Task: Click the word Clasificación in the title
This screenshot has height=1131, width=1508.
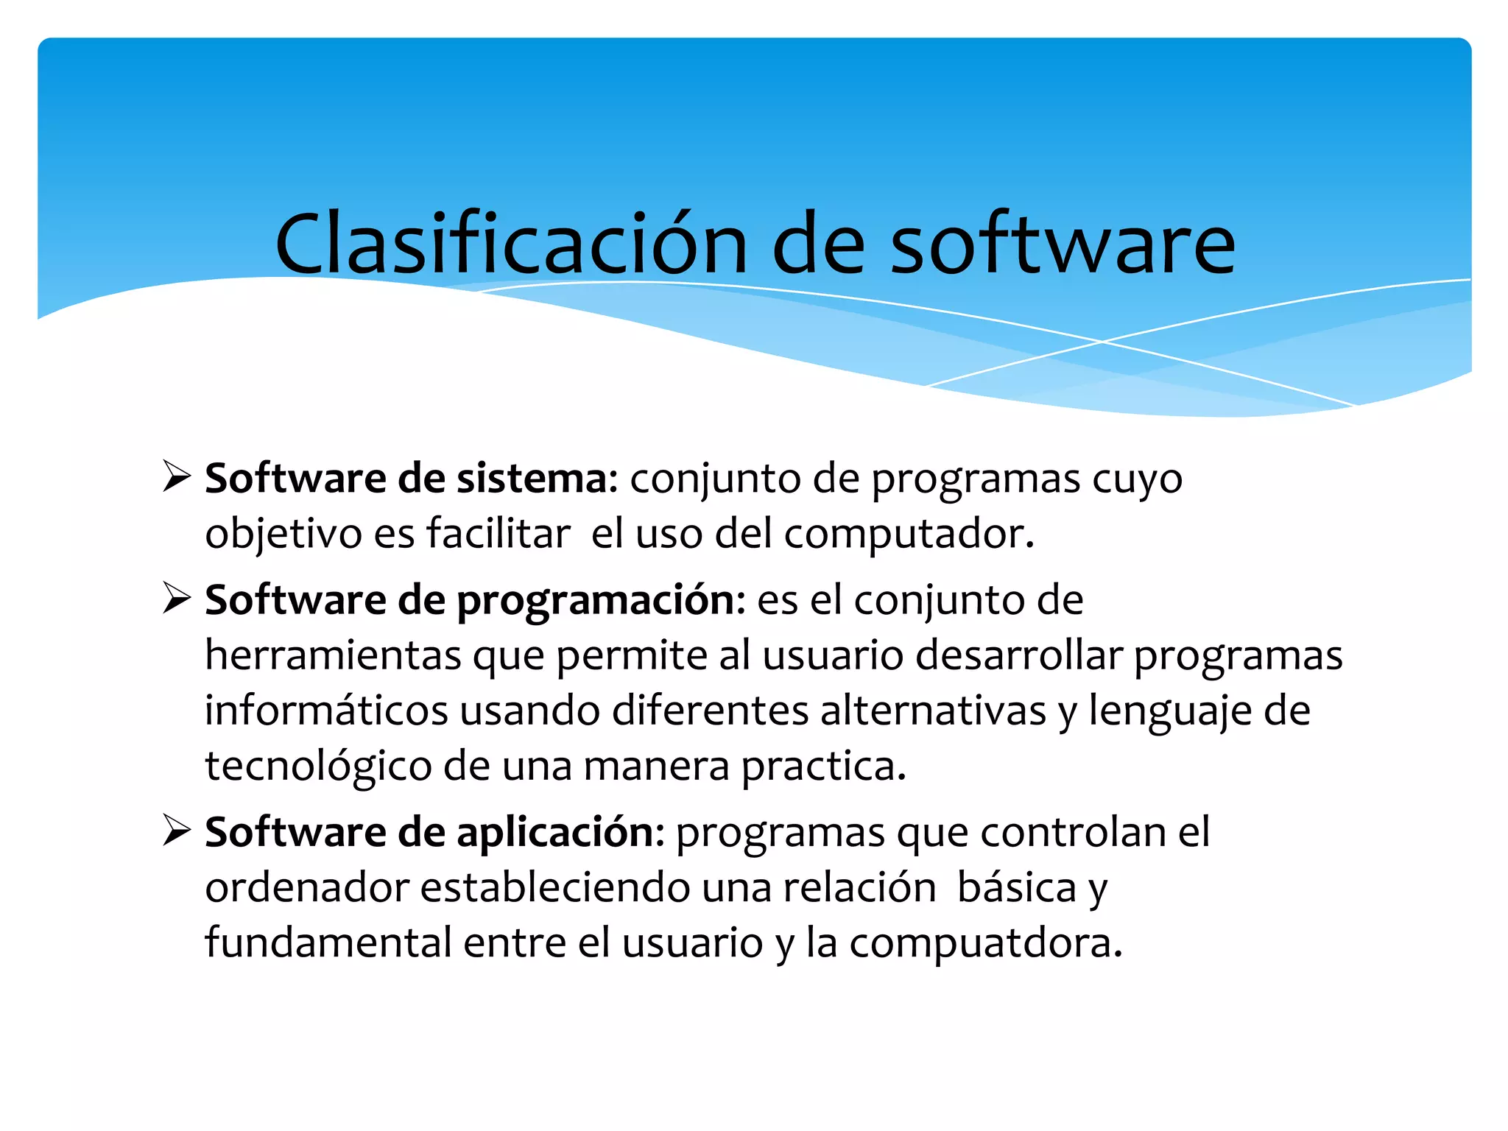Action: (x=511, y=244)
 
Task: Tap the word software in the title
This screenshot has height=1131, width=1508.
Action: (x=1063, y=244)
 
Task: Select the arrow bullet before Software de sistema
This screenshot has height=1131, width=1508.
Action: (x=177, y=476)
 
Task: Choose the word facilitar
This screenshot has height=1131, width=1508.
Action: (x=498, y=533)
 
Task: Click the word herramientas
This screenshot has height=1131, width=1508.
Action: (x=333, y=655)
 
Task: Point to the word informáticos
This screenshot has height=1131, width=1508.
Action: (x=326, y=711)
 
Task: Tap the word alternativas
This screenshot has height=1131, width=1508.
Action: (x=933, y=711)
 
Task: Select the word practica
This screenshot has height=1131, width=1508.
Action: (x=823, y=767)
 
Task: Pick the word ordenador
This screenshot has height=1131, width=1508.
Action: (x=307, y=888)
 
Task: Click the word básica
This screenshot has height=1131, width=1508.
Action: (x=1017, y=888)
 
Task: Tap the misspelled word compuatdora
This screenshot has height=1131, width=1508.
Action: (x=985, y=944)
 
